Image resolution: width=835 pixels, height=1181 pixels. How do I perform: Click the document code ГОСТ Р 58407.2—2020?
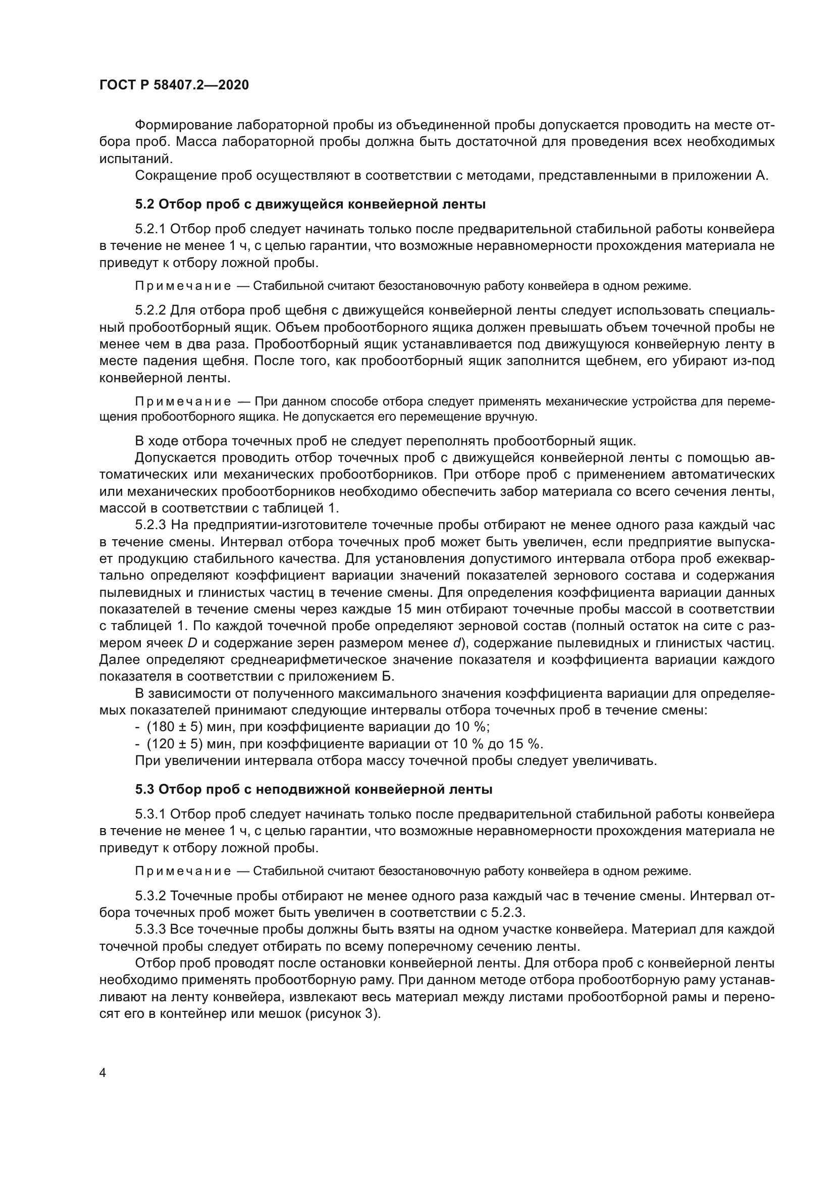pos(174,85)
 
